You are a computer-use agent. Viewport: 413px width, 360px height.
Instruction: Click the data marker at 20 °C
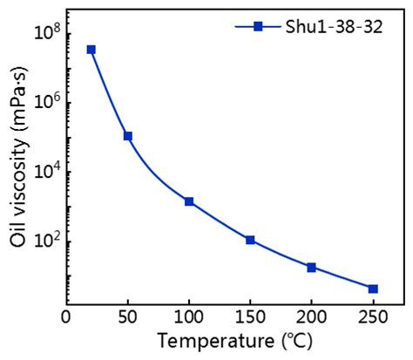coord(91,50)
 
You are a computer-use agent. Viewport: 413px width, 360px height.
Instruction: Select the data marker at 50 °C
coord(128,136)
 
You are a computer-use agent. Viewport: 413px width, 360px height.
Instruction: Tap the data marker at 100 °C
coord(189,201)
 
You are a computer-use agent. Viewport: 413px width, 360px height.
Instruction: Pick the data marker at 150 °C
coord(250,240)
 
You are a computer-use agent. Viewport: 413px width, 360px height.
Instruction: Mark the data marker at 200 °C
coord(311,267)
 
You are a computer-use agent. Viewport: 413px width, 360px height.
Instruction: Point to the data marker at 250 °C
coord(373,289)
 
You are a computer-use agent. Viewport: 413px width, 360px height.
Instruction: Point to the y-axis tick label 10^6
coord(44,103)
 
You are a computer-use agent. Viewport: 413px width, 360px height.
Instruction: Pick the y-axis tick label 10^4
coord(44,172)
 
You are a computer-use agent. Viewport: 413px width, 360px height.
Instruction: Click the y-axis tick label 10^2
coord(44,241)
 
